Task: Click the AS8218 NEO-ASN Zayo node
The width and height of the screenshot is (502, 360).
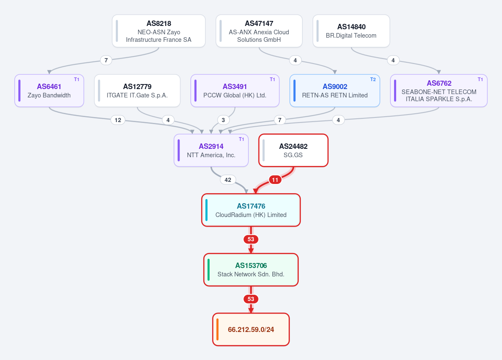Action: (159, 31)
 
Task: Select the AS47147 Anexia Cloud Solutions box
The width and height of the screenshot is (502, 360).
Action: (259, 31)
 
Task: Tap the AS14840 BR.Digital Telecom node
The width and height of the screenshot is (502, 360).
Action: (351, 31)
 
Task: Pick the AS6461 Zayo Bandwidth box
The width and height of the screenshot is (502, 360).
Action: (49, 90)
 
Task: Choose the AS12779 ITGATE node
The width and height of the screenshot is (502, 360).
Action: (137, 90)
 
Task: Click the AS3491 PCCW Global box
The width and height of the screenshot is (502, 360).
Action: (235, 90)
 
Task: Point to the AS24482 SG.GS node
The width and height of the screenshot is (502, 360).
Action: (293, 151)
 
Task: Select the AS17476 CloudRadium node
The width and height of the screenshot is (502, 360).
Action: (251, 210)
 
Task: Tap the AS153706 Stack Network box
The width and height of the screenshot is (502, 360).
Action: (251, 270)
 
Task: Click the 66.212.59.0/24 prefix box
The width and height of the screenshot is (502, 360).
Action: (251, 329)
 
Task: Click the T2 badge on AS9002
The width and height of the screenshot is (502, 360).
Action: (373, 79)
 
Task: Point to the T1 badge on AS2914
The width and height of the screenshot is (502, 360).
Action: (241, 139)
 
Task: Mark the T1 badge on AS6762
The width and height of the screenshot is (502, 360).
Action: (480, 79)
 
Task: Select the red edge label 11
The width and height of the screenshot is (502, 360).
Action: (275, 180)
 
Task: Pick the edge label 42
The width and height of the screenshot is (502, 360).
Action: (228, 180)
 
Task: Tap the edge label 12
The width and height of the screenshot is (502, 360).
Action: (118, 120)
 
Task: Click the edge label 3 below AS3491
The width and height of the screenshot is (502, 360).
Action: (223, 120)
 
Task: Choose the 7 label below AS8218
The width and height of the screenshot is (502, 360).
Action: (106, 60)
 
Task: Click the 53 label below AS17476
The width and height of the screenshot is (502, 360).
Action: (251, 239)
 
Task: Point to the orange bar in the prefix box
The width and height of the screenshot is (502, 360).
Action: (218, 329)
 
